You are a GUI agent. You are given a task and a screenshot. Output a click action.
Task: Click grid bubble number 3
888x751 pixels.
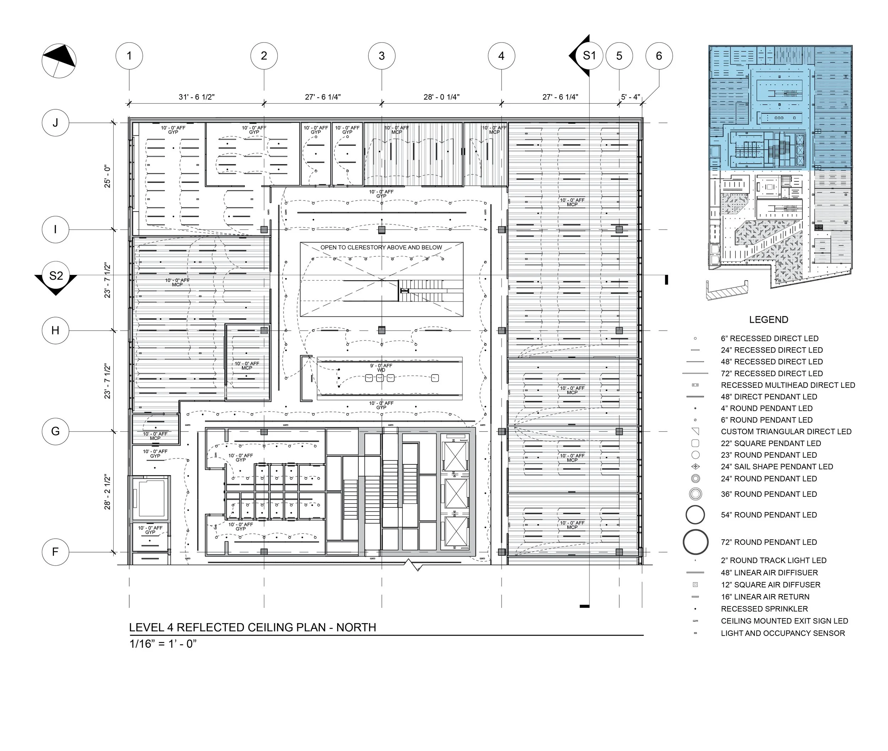tap(381, 56)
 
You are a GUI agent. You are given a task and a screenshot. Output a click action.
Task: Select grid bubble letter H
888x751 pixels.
tap(55, 330)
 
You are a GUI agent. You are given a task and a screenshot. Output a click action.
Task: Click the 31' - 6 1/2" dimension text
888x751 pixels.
tap(196, 97)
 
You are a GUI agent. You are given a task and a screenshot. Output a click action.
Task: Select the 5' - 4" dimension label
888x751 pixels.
tap(630, 97)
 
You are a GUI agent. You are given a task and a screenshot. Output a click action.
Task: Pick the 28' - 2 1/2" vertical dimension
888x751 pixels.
tap(107, 492)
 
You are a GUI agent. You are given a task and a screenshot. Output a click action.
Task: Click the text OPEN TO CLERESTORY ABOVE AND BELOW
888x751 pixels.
tap(381, 247)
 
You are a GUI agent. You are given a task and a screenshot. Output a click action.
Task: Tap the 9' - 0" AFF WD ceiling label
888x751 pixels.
tap(381, 368)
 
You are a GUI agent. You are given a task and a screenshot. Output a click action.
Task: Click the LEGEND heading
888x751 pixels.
tap(769, 320)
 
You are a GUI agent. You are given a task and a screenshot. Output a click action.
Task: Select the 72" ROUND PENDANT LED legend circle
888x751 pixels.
tap(695, 542)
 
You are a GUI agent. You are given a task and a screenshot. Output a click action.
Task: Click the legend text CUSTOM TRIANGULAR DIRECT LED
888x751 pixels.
tap(786, 432)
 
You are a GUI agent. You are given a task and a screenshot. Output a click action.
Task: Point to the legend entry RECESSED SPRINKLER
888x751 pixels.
tap(764, 609)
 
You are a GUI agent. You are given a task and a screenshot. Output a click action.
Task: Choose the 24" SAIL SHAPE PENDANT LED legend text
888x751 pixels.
tap(777, 467)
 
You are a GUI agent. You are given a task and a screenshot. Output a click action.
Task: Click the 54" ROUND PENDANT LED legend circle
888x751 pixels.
tap(695, 515)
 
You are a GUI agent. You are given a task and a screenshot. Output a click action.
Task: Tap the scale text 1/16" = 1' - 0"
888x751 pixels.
tap(163, 644)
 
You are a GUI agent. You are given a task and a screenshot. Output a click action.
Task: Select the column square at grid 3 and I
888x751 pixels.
tap(381, 230)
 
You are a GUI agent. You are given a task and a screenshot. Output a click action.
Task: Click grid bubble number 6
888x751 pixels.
tap(659, 56)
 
